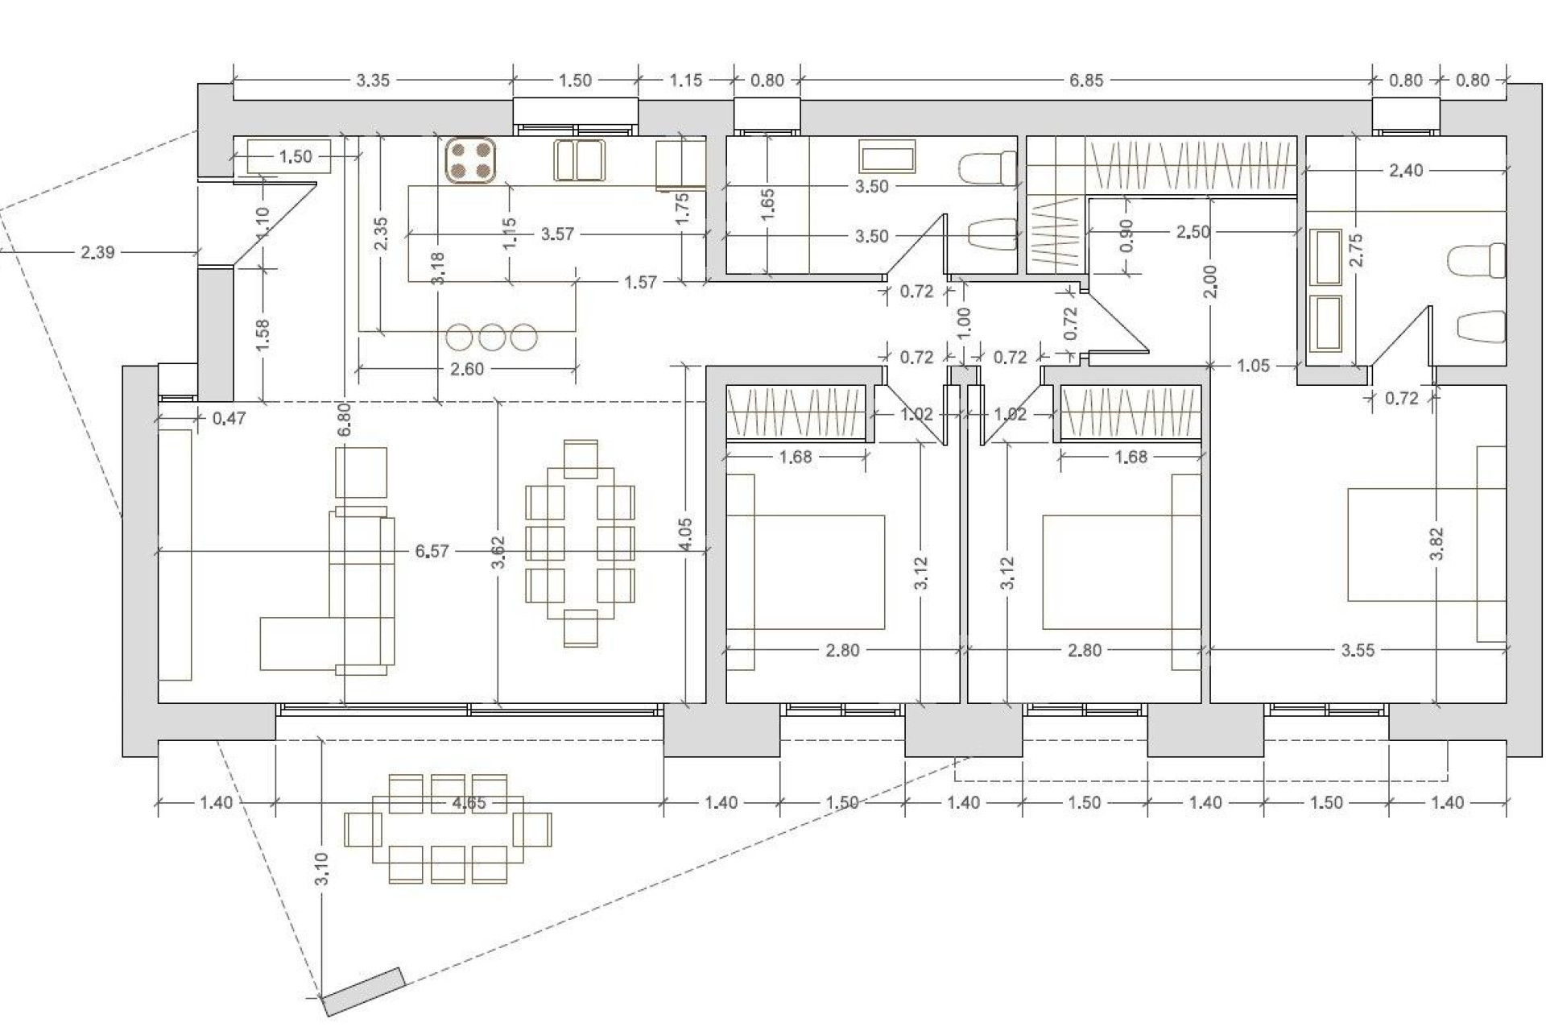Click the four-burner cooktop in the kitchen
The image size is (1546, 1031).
click(x=470, y=160)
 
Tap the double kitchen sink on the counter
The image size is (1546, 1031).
click(x=579, y=160)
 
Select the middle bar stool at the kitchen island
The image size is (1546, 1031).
click(x=491, y=337)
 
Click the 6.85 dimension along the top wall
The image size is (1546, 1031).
click(x=1086, y=81)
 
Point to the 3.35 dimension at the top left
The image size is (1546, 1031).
click(x=373, y=81)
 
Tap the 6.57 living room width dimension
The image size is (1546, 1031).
click(x=432, y=552)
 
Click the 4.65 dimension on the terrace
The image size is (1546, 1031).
click(x=469, y=803)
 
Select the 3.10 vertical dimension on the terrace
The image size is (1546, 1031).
click(x=321, y=869)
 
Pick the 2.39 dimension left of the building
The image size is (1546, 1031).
click(x=97, y=252)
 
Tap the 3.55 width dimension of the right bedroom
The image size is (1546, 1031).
click(x=1358, y=650)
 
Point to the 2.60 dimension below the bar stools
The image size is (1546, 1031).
click(x=467, y=369)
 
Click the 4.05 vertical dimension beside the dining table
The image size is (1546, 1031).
click(x=684, y=534)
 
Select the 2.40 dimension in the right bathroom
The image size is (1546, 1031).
click(x=1406, y=170)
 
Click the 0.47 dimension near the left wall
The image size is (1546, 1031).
click(x=229, y=418)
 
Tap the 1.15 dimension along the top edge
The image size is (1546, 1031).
click(x=686, y=81)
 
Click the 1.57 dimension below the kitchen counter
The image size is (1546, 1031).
click(x=640, y=283)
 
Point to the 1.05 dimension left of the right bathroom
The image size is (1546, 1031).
click(x=1253, y=366)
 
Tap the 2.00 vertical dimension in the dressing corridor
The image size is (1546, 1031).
click(x=1210, y=282)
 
